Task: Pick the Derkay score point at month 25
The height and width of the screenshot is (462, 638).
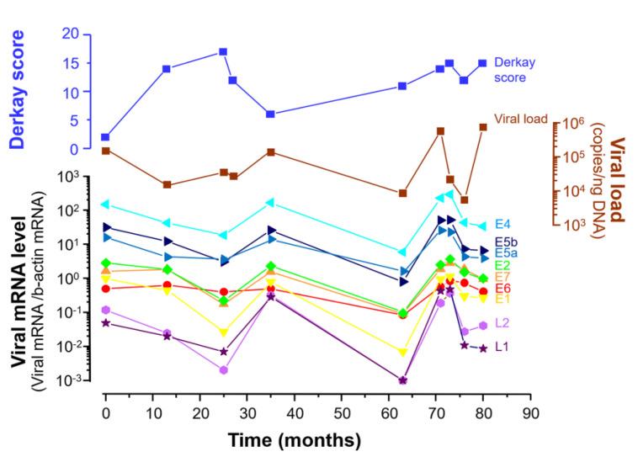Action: (223, 52)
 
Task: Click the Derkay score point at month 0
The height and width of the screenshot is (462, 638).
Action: (105, 137)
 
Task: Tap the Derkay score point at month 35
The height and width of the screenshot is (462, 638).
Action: (270, 114)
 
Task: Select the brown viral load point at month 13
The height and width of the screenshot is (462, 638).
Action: (167, 185)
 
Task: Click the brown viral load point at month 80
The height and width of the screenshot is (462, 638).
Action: (483, 127)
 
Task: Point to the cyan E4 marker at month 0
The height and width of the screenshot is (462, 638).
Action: (105, 204)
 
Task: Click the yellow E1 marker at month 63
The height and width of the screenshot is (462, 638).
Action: (402, 353)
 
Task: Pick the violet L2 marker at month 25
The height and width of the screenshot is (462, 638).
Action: (223, 370)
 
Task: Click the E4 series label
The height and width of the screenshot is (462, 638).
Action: (504, 224)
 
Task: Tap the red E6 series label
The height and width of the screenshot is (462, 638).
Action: (503, 288)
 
